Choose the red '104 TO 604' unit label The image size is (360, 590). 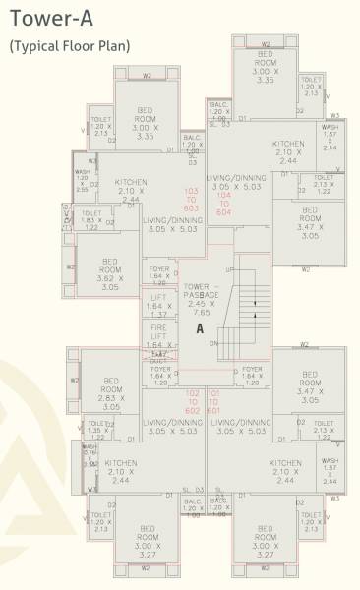(223, 204)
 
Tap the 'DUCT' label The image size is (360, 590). (159, 360)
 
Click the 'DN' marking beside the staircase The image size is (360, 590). (214, 342)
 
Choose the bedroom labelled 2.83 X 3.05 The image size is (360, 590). (109, 392)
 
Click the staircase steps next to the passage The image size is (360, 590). (254, 305)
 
